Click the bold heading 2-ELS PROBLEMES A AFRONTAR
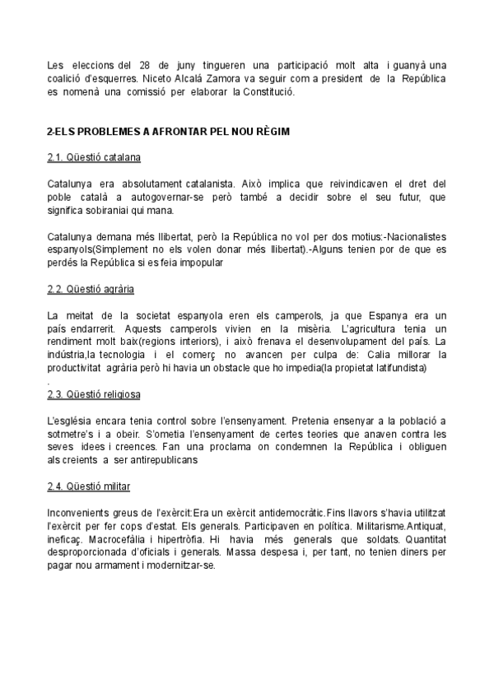[168, 131]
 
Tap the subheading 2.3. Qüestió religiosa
[94, 395]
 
